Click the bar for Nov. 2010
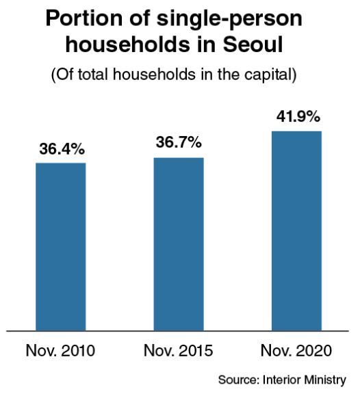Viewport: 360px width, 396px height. click(61, 246)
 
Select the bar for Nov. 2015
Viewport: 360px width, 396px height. click(179, 244)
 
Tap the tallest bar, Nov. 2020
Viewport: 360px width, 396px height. click(296, 231)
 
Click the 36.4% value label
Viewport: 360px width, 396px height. click(62, 149)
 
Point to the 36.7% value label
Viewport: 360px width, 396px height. click(179, 142)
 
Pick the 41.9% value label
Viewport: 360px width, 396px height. click(298, 117)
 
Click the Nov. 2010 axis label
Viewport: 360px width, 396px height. click(60, 351)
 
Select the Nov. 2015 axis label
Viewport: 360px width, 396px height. click(178, 351)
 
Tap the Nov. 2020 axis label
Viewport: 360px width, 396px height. click(296, 351)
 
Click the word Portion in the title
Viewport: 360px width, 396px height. click(84, 18)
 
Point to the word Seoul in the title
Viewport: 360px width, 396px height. click(253, 44)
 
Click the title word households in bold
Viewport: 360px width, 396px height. click(127, 44)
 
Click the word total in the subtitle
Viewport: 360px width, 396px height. click(93, 75)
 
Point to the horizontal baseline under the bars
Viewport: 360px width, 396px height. click(177, 331)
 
